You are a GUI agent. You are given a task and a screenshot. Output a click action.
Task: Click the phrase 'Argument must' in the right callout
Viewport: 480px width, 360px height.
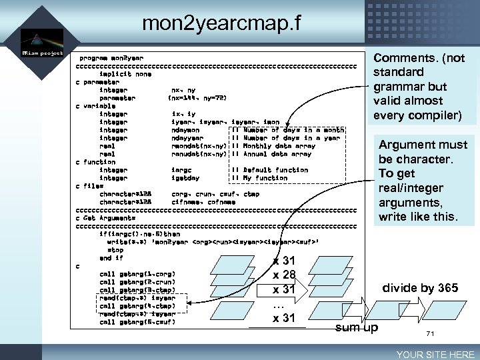[x=423, y=145]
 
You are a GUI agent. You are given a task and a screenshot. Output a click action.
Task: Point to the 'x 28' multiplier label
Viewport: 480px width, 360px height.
[x=285, y=275]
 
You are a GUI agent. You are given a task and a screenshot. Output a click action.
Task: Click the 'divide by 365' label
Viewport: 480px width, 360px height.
[x=419, y=288]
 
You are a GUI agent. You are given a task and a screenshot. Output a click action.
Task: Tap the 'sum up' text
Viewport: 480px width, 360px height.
[x=356, y=327]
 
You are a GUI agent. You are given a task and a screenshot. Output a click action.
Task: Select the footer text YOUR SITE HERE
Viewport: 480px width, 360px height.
[x=435, y=354]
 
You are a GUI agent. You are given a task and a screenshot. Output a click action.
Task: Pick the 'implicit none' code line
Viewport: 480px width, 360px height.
[x=125, y=74]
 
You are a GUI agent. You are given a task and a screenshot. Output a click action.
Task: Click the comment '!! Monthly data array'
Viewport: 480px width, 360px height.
[x=273, y=146]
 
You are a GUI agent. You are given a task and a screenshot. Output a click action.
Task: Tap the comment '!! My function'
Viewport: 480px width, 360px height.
[x=259, y=178]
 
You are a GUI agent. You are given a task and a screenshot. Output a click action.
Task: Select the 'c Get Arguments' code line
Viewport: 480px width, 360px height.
[x=105, y=218]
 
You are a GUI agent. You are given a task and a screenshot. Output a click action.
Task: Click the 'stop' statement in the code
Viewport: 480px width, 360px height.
[x=115, y=250]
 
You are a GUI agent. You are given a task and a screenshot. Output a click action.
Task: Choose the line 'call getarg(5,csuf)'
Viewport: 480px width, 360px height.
[x=137, y=322]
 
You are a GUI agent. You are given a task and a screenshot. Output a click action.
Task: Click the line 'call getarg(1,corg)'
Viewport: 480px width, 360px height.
[x=137, y=273]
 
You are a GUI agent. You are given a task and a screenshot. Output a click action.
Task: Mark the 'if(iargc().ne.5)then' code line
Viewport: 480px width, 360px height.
[x=139, y=234]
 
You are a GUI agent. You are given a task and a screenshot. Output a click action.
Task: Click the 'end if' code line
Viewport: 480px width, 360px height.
[x=111, y=258]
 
